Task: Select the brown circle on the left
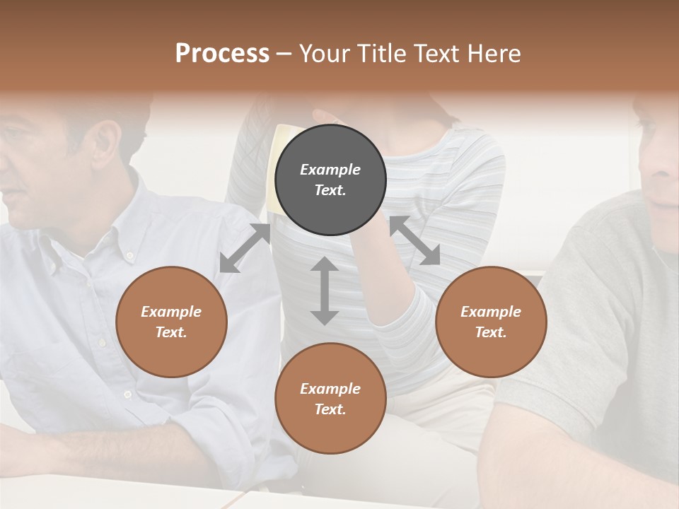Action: point(171,322)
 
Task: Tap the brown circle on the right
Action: point(491,322)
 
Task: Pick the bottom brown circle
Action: point(330,399)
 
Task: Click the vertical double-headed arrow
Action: point(325,291)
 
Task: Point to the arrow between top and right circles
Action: point(414,240)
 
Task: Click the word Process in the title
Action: point(222,53)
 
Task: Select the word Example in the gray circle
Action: point(330,170)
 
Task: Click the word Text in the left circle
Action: point(170,332)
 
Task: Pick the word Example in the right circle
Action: point(491,312)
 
